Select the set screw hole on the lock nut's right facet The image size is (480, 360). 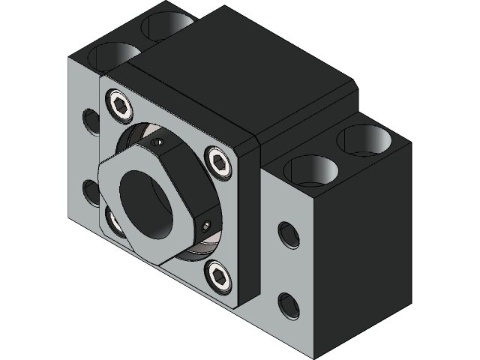coord(208,225)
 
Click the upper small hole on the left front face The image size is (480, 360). coord(91,121)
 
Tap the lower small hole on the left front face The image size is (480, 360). coord(91,192)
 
